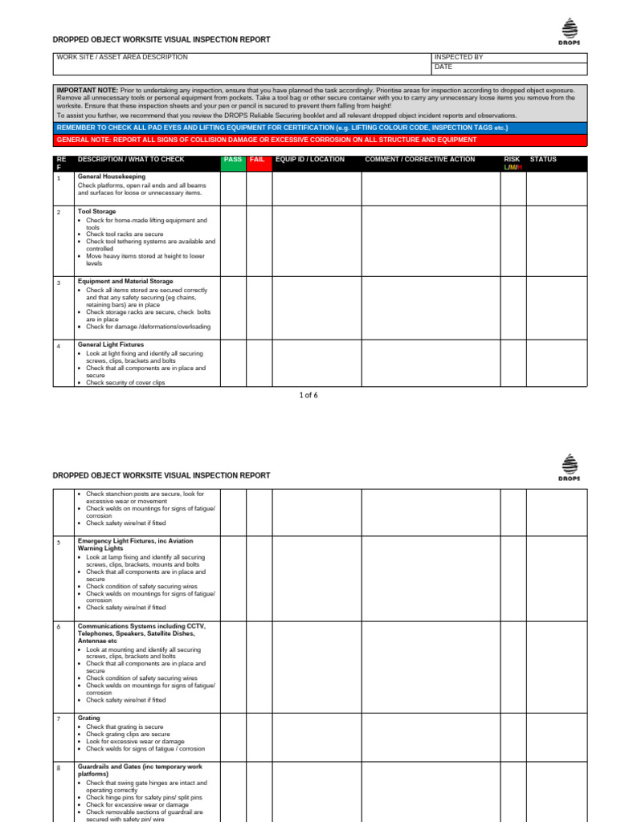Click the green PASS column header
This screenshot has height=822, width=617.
point(232,160)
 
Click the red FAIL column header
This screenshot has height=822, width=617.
point(257,160)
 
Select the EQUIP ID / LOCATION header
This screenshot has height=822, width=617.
point(310,160)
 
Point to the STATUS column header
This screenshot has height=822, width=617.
point(543,160)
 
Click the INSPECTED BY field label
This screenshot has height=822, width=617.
point(459,58)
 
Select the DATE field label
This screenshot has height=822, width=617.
point(443,67)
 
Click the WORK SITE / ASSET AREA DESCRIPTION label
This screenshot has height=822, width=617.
point(122,58)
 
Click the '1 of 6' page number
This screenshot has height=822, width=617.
point(308,395)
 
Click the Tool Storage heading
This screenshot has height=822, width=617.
point(97,212)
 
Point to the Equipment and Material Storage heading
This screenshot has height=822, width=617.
point(125,282)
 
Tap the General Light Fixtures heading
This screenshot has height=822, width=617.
point(111,344)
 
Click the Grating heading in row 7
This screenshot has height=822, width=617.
point(89,718)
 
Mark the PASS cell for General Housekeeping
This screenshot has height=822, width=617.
point(233,189)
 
